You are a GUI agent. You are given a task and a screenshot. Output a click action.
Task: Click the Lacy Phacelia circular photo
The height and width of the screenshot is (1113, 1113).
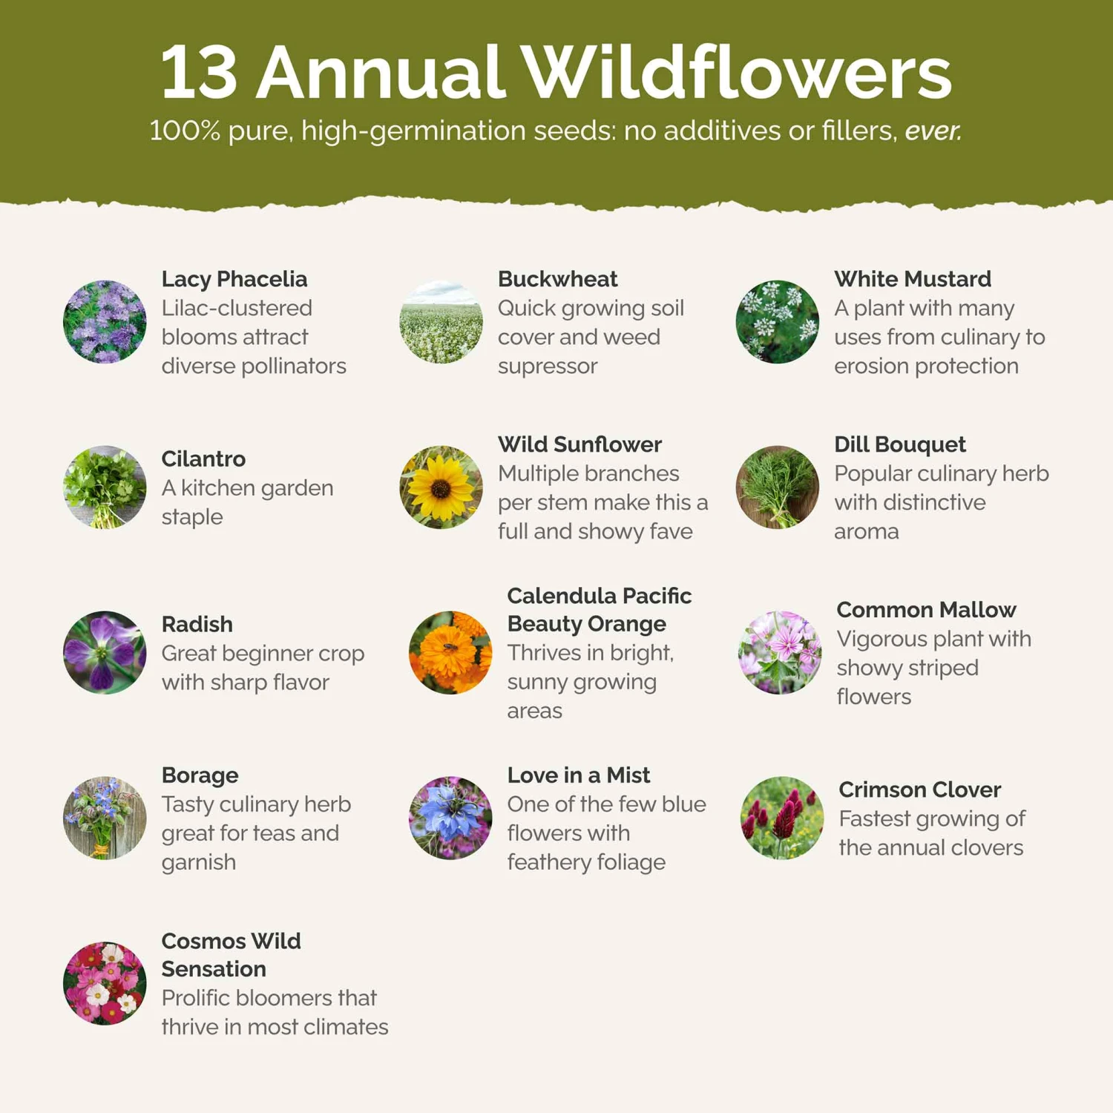[x=105, y=321]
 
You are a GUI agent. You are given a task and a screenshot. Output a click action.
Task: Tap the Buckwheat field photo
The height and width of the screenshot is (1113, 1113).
[x=441, y=321]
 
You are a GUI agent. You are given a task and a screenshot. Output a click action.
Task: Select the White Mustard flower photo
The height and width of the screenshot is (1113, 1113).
[x=777, y=321]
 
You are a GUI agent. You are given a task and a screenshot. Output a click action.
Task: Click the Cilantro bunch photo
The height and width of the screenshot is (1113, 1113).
[x=105, y=487]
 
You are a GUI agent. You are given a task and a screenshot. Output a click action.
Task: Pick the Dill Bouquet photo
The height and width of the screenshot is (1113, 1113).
[x=777, y=487]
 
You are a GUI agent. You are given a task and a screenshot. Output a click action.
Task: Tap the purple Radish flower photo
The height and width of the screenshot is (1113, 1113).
[x=105, y=652]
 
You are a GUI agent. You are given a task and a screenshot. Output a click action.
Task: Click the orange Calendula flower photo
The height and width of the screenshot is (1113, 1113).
[x=450, y=652]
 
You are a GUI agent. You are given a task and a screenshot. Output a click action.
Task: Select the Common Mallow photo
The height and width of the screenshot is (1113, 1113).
[x=779, y=652]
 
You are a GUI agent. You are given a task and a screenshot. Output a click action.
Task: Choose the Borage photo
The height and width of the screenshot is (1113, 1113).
[x=105, y=818]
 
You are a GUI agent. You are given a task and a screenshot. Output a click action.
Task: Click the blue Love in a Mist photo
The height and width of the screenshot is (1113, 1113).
[x=450, y=818]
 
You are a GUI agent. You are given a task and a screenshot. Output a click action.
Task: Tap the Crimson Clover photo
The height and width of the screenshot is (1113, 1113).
[x=781, y=818]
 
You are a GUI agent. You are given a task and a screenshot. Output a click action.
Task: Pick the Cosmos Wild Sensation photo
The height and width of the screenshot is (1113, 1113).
[x=105, y=983]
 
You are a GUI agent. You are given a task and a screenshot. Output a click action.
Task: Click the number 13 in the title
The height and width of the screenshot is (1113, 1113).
[x=199, y=73]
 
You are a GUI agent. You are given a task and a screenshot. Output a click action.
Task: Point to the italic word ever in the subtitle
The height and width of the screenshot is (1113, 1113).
[x=933, y=131]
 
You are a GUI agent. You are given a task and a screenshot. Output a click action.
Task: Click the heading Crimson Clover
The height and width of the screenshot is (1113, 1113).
[x=919, y=789]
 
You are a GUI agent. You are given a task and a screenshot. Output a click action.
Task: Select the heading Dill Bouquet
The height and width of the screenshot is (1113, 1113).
[x=899, y=444]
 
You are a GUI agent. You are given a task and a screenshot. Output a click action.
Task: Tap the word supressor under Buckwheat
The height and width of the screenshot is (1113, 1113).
[x=547, y=366]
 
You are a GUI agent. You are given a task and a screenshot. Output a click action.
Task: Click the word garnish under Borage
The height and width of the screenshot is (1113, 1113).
[x=198, y=862]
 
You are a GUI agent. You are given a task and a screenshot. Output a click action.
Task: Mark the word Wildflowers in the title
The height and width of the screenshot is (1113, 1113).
[x=735, y=73]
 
